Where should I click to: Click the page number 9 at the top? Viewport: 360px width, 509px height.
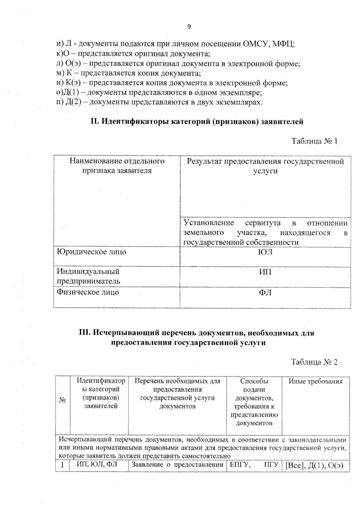[x=189, y=26]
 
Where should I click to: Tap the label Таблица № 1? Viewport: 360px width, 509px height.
[x=315, y=141]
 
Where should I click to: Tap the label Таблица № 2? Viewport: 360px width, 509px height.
[x=315, y=362]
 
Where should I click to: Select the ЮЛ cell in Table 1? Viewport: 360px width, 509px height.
[x=265, y=252]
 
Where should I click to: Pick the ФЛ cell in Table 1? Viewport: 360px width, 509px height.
[x=265, y=292]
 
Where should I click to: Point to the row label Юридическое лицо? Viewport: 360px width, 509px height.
[x=91, y=252]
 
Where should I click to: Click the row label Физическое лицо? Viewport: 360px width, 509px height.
[x=88, y=292]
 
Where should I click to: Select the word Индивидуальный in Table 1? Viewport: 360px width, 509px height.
[x=88, y=272]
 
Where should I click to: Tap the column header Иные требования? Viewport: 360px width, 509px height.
[x=315, y=382]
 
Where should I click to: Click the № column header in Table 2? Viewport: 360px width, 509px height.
[x=62, y=400]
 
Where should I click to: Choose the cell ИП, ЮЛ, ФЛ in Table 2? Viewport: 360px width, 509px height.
[x=93, y=465]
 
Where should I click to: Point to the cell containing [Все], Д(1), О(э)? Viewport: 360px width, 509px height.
[x=314, y=466]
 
